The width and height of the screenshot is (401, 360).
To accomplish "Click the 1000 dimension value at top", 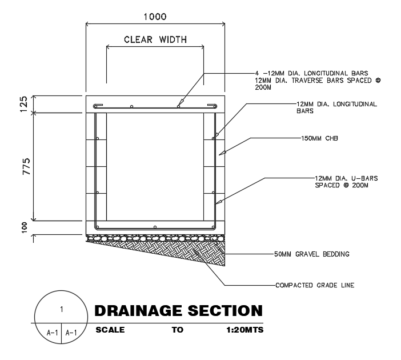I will coord(155,17).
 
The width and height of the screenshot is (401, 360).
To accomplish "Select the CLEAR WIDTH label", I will coord(155,40).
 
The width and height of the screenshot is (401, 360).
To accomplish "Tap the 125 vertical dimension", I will coord(23,104).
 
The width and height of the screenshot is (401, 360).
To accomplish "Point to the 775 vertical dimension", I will coord(23,166).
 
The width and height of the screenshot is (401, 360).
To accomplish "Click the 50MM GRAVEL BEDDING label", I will coord(312,254).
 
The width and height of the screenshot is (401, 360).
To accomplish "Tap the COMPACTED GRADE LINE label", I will coord(315,285).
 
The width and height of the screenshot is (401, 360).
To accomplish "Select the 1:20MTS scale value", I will coord(244,330).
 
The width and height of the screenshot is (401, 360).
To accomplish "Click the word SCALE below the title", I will coord(110,330).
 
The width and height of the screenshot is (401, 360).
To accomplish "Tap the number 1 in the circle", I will coord(61,310).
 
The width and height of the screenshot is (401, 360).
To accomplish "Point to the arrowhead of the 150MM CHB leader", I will coord(220,153).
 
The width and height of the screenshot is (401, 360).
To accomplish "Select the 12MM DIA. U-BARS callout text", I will coord(346,182).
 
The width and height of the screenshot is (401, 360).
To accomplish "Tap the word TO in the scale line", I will coord(177,330).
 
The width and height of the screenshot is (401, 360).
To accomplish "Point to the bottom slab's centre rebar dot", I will coord(155,225).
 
